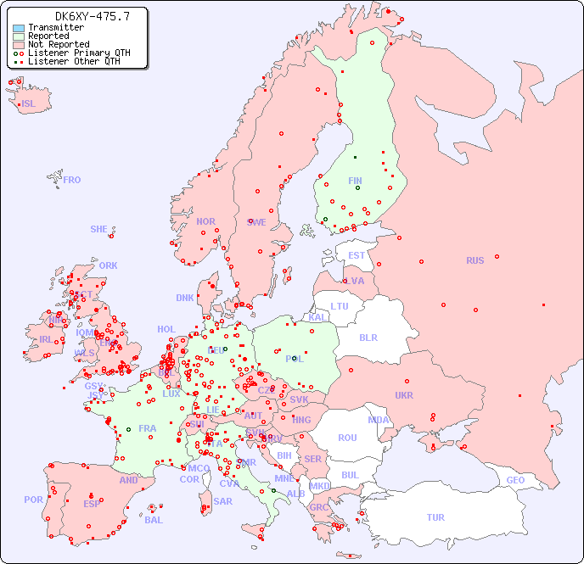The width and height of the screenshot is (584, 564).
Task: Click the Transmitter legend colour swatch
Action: coord(19,28)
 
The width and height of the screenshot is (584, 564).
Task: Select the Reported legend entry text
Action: coord(48,36)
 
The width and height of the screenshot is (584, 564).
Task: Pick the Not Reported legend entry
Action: coord(59,45)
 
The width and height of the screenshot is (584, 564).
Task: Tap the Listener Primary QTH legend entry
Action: coord(79,53)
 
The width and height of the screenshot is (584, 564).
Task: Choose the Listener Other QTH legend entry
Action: coord(74,61)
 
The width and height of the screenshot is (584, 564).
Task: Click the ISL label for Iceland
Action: coord(29,104)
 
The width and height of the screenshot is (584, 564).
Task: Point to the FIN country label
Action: coord(355,181)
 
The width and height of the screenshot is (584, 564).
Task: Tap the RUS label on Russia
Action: coord(474,260)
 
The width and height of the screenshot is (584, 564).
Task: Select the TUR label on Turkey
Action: coord(435,517)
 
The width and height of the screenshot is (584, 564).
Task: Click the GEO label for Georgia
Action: coord(515,480)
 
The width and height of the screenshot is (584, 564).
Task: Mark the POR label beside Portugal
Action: coord(33,500)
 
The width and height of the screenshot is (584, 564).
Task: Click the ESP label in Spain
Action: coord(92,503)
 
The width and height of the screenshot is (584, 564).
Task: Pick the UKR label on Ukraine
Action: coord(404,395)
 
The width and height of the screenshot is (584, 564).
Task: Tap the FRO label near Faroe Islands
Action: coord(71,180)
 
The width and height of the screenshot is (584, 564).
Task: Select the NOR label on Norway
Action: coord(205,221)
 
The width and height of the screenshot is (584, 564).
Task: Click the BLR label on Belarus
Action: coord(368,337)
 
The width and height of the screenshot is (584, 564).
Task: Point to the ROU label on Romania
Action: coord(347,438)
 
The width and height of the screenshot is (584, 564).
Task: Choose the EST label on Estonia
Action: coord(357,255)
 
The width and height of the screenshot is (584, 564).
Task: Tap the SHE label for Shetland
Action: coord(99,229)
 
